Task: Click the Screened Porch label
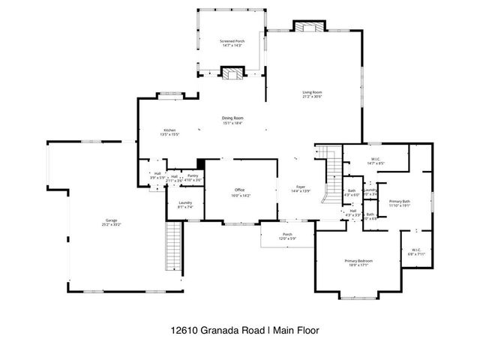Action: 232,41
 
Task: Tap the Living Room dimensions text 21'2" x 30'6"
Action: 312,97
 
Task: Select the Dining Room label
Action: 232,118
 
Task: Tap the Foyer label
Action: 301,187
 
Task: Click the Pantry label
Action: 193,175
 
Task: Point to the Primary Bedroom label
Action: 358,260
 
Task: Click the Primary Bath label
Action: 400,201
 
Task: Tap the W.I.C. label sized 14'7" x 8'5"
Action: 376,159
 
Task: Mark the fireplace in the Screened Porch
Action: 237,73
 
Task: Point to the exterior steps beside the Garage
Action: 173,247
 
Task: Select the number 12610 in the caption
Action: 182,329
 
